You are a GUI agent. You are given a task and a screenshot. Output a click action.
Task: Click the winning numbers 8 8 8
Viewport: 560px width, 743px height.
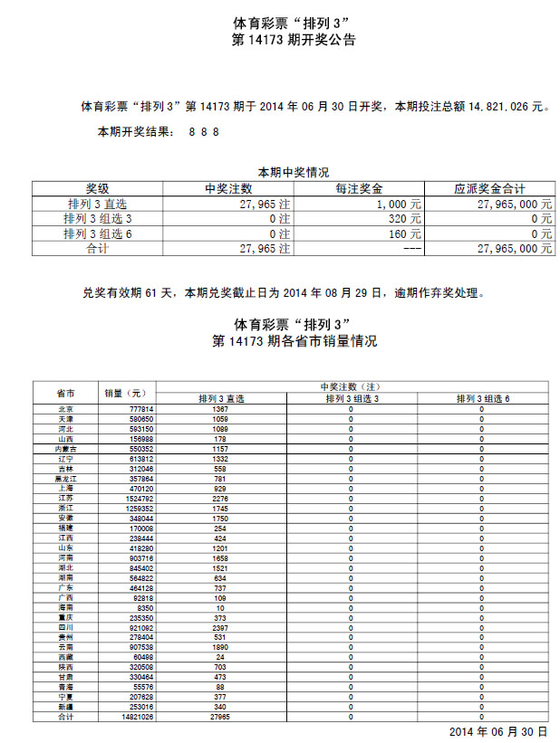click(x=204, y=132)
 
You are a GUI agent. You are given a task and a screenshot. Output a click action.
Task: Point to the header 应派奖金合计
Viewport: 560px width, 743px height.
click(x=489, y=189)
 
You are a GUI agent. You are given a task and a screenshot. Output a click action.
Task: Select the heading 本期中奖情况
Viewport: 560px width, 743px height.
click(x=294, y=172)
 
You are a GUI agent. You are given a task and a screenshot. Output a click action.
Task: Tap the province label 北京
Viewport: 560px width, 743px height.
click(x=65, y=409)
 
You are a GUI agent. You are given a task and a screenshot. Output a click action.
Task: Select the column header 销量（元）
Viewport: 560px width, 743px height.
click(x=125, y=394)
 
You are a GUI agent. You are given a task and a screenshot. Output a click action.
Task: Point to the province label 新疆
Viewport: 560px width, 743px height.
click(x=65, y=707)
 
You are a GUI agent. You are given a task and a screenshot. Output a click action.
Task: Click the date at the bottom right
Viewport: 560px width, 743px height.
click(x=499, y=730)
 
